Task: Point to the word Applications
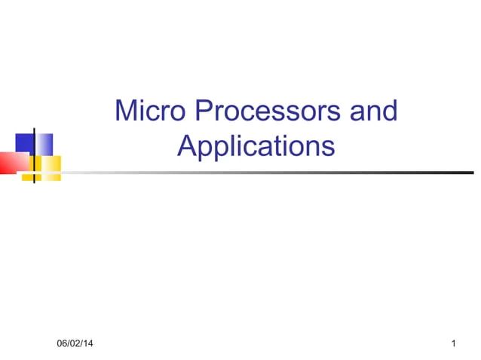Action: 256,145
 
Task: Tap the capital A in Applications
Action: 186,145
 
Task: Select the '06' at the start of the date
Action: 63,344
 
